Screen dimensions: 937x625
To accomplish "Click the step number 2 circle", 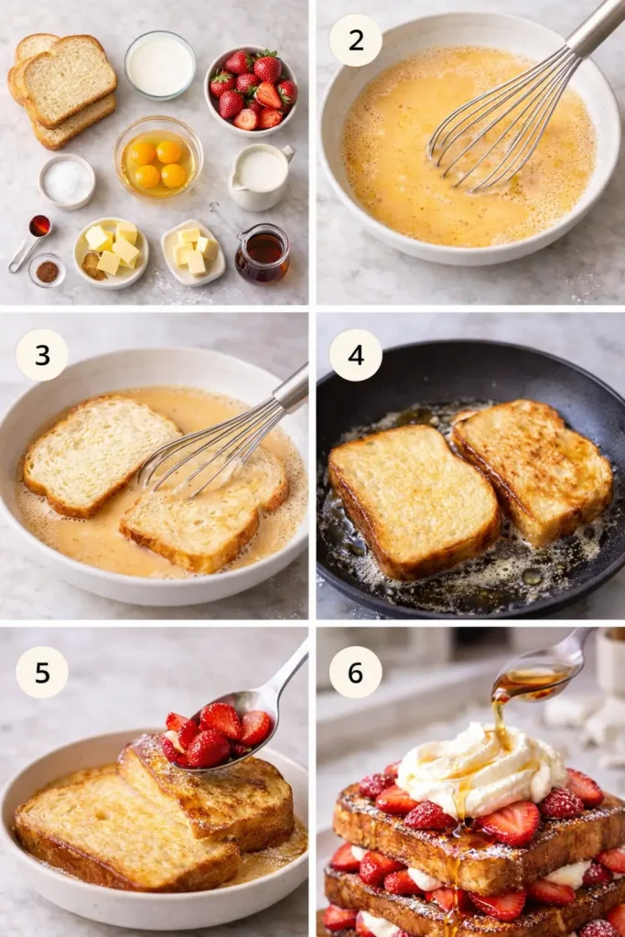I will coord(355,40).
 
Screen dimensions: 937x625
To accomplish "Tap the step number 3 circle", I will coord(41,355).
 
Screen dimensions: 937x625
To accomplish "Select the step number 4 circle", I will coord(355,355).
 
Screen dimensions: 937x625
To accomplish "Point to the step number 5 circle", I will coord(41,672).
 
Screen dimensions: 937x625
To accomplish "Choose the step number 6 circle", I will coord(355,672).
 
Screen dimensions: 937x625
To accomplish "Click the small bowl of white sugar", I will coord(67,181).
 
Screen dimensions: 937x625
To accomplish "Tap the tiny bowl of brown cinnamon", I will coord(47,271).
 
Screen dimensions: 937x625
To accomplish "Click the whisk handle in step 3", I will coord(291,389).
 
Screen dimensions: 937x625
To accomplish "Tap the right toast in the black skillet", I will coord(533,468).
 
